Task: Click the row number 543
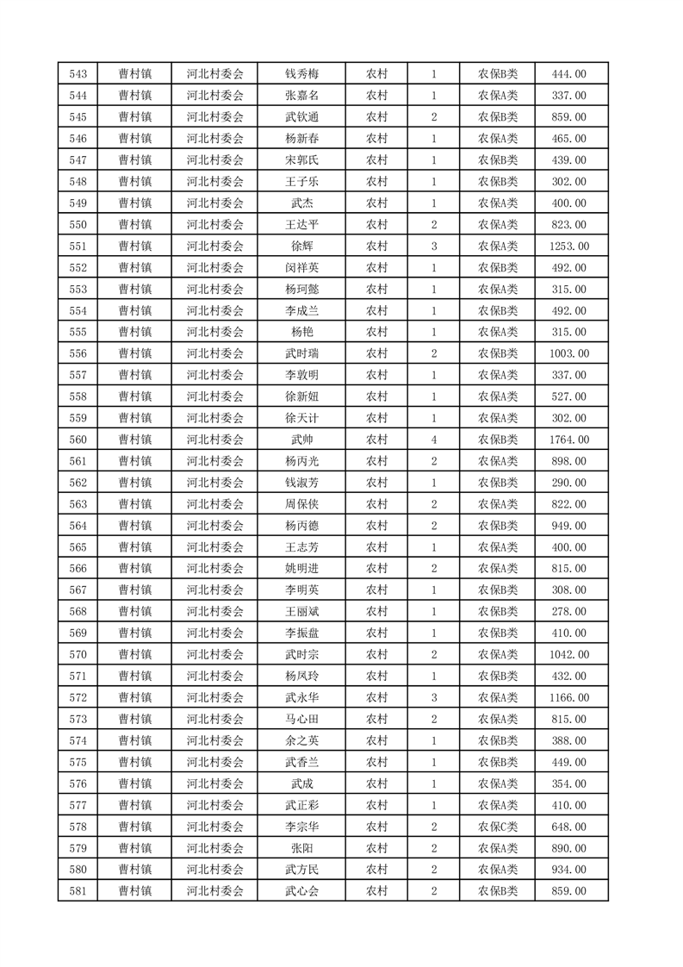coord(77,74)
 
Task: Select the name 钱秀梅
coord(301,74)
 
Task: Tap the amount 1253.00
coord(569,246)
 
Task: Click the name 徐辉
coord(301,246)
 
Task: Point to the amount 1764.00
coord(569,440)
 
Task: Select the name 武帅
coord(301,440)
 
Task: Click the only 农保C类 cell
coord(498,827)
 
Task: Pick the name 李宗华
coord(301,827)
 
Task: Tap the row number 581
coord(77,891)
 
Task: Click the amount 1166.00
coord(569,697)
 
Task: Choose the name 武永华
coord(301,697)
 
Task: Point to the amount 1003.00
coord(569,353)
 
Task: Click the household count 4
coord(433,440)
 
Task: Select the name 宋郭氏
coord(301,160)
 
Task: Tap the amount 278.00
coord(569,612)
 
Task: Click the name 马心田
coord(301,719)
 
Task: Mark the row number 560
coord(77,440)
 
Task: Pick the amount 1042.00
coord(569,655)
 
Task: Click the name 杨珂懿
coord(301,289)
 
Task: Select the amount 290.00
coord(569,483)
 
